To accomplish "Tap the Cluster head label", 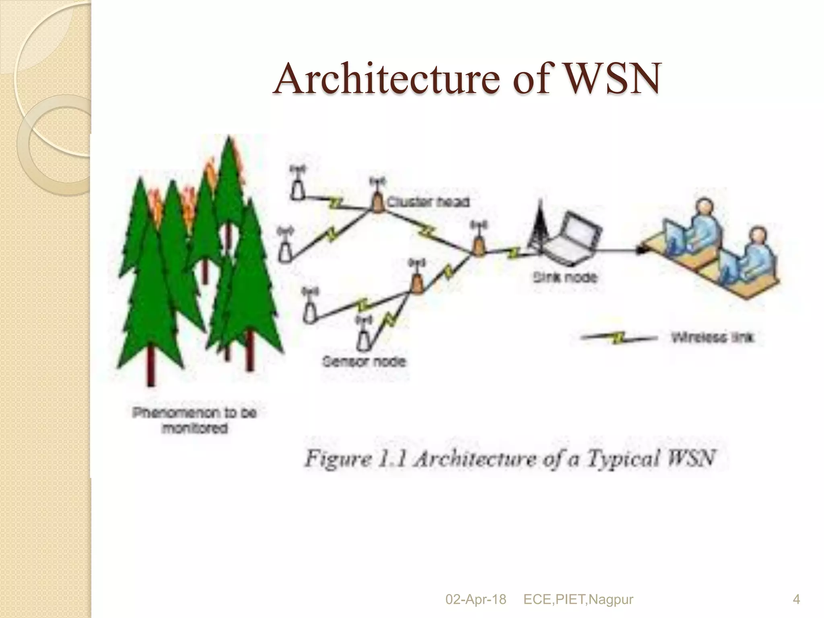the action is (428, 202).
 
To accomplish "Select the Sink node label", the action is (565, 277).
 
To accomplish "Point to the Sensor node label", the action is (364, 361).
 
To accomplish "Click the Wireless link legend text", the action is (712, 337).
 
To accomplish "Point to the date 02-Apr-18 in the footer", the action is (476, 599).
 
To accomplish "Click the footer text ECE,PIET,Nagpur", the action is (578, 599).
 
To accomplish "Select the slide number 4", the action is (796, 599).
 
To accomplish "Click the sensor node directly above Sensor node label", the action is (364, 338).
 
